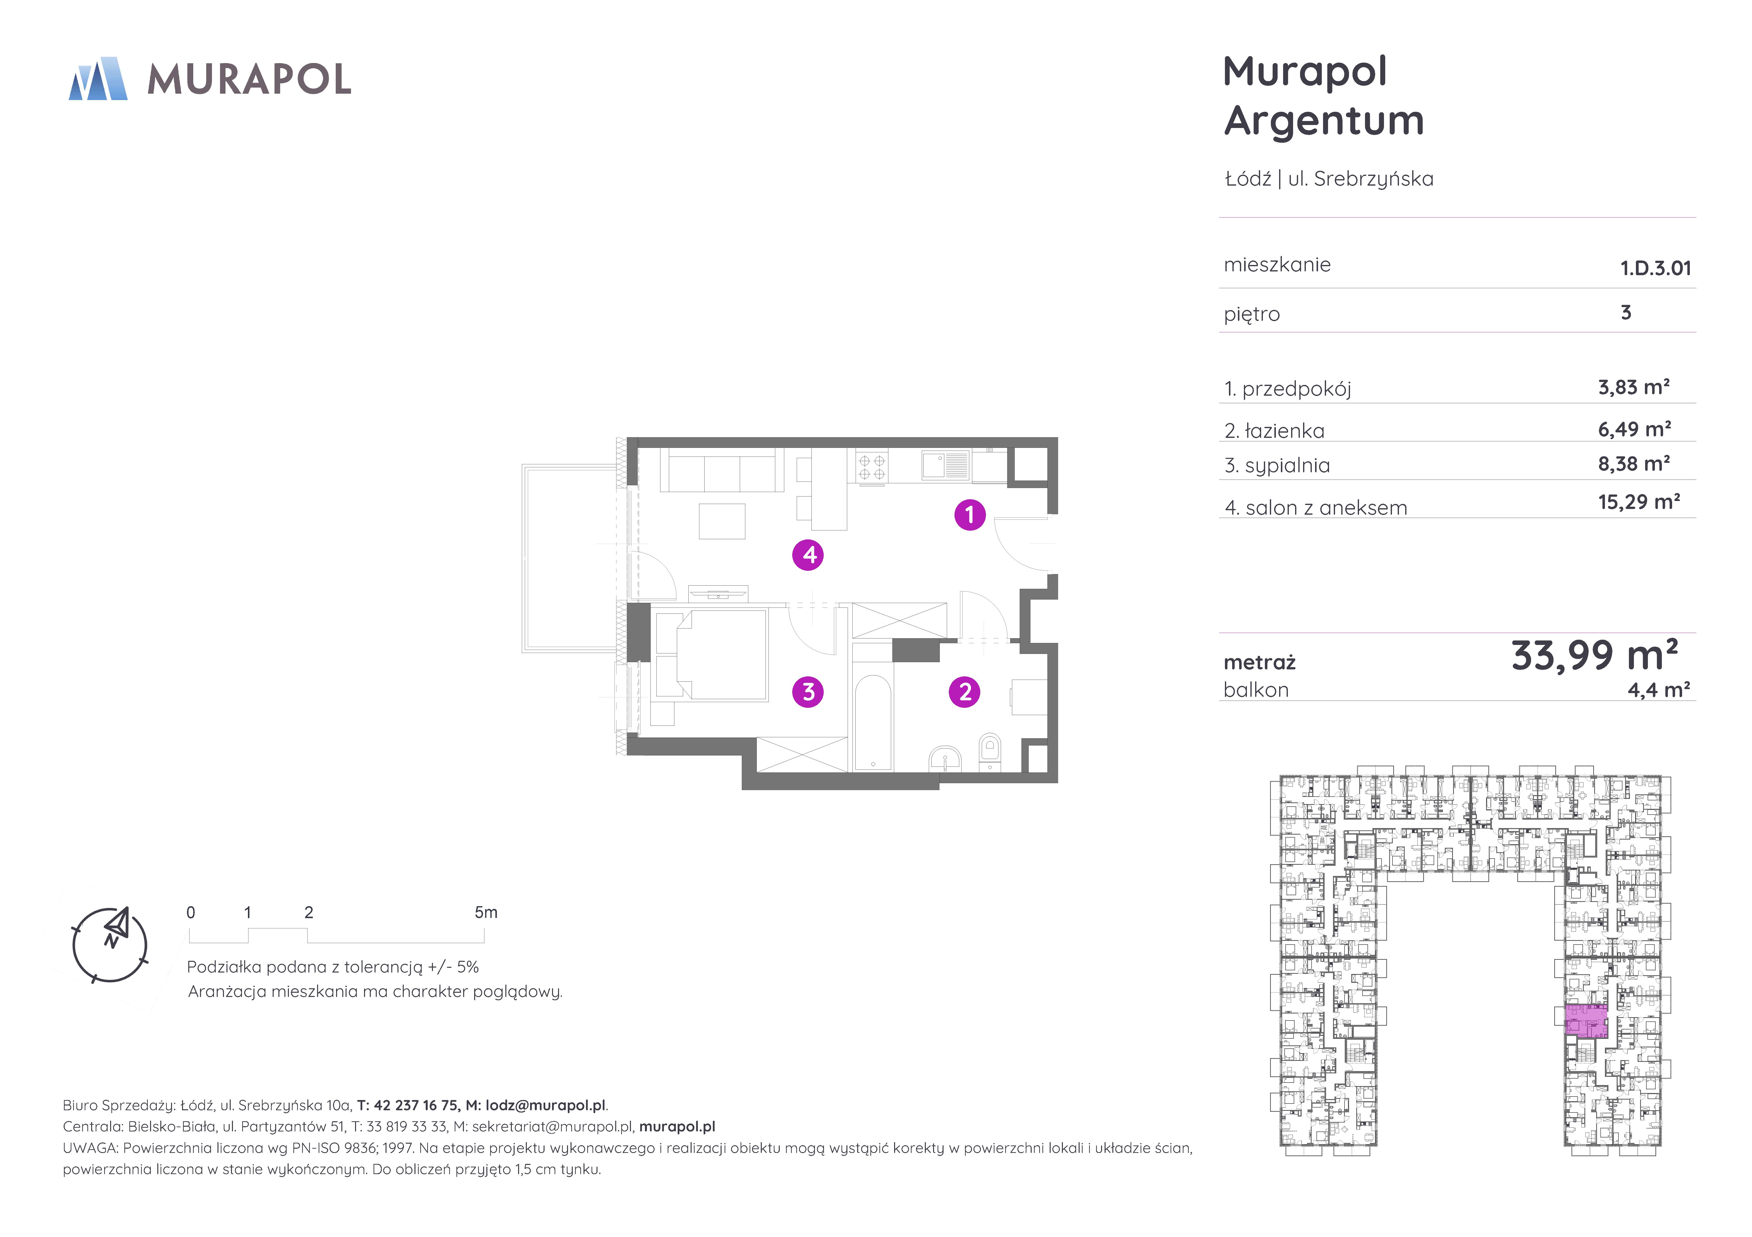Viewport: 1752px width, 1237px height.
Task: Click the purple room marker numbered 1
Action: click(x=970, y=515)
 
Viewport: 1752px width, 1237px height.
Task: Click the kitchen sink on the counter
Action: click(x=945, y=465)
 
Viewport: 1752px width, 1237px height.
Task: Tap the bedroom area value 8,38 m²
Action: click(x=1634, y=463)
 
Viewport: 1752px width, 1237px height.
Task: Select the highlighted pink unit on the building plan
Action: click(x=1586, y=1021)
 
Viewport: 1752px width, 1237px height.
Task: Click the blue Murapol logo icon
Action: click(x=98, y=79)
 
